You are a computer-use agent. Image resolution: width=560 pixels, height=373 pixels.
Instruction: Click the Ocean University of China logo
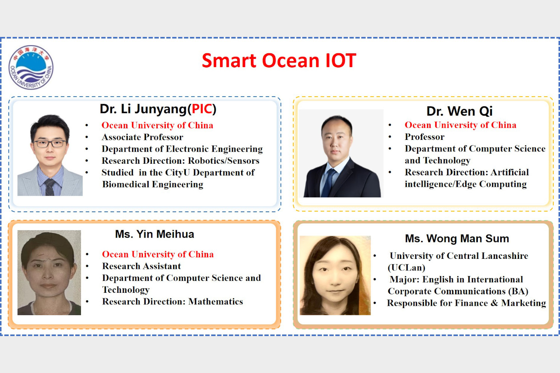click(x=31, y=67)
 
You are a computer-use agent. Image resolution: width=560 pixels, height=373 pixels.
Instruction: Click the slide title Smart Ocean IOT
click(x=279, y=60)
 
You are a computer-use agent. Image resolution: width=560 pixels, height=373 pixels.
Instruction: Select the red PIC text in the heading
click(x=202, y=109)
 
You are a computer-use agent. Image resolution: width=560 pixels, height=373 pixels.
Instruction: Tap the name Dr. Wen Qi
click(x=459, y=111)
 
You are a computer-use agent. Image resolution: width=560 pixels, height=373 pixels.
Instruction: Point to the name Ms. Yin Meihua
click(x=155, y=234)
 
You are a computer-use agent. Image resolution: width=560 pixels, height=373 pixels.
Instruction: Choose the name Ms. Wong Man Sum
click(x=457, y=239)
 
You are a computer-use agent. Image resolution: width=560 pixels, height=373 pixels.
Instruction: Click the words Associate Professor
click(x=142, y=137)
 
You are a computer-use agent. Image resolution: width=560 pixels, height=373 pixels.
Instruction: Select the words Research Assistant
click(x=141, y=266)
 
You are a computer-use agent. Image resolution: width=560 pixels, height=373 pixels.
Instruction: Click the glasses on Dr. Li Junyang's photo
click(x=50, y=143)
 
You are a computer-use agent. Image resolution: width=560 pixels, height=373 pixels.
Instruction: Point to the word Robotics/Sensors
click(x=224, y=161)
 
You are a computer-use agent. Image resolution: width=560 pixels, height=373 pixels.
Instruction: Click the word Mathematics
click(x=215, y=301)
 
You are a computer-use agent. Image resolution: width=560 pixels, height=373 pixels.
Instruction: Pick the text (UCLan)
click(x=407, y=267)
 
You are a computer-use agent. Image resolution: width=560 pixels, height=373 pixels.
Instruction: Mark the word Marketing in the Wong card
click(x=523, y=303)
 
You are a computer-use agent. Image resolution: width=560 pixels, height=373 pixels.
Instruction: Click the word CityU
click(x=177, y=173)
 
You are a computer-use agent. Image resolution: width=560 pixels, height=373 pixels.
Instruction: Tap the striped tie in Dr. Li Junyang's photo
click(x=50, y=187)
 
